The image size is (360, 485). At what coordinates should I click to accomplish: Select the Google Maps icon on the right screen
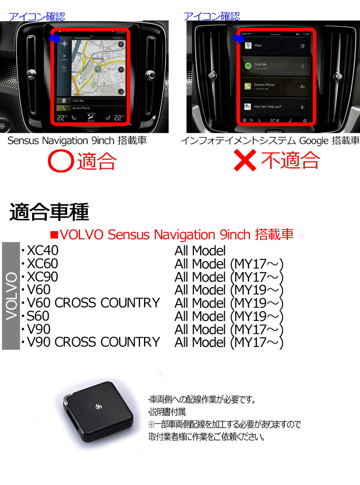[x=248, y=46]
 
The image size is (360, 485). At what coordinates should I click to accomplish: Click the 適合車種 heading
[x=49, y=212]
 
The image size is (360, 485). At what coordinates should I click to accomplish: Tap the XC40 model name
[x=42, y=251]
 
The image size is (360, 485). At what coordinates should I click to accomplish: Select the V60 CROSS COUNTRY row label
[x=93, y=303]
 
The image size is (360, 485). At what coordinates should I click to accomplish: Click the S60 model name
[x=38, y=316]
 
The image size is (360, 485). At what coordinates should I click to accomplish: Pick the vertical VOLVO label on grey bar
[x=11, y=296]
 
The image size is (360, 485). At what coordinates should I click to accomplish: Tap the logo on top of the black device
[x=98, y=407]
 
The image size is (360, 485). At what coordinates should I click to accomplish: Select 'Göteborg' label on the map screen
[x=98, y=58]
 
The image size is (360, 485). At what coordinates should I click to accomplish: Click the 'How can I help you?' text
[x=268, y=106]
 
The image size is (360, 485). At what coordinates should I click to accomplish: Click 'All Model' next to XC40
[x=200, y=251]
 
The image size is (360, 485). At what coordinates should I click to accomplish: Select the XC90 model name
[x=42, y=277]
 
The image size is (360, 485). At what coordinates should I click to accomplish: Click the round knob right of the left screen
[x=150, y=74]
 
